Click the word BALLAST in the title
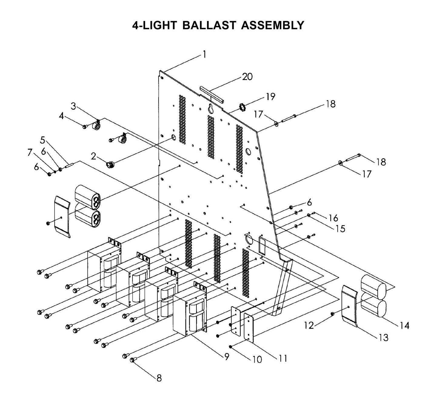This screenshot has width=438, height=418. (x=209, y=25)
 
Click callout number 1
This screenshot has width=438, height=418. (x=204, y=55)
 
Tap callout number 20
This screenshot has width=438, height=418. (x=247, y=77)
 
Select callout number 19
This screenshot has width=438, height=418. (x=270, y=97)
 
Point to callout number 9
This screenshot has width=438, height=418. (x=227, y=357)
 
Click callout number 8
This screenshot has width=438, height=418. (x=159, y=378)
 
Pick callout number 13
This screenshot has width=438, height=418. (x=384, y=337)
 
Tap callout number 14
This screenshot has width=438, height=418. (x=404, y=326)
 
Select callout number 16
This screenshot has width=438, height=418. (x=333, y=218)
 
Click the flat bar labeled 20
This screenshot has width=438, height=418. (x=212, y=94)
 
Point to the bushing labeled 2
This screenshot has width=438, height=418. (x=110, y=165)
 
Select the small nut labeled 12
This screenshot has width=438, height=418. (x=332, y=314)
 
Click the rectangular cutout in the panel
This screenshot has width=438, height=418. (x=262, y=242)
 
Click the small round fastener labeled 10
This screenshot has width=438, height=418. (x=231, y=346)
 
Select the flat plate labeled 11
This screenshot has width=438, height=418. (x=249, y=328)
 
